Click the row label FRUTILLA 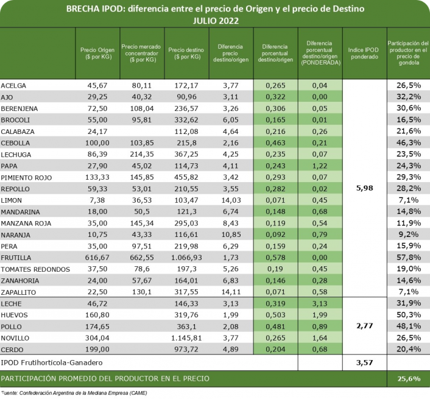(x=16, y=258)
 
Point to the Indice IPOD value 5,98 (x=364, y=188)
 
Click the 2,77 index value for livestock (x=364, y=327)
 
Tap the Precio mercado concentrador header (x=142, y=53)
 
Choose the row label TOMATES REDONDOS (x=31, y=269)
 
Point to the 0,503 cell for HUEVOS (x=276, y=315)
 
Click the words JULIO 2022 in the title (x=215, y=20)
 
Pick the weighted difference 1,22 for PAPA (x=319, y=165)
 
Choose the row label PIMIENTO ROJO (x=27, y=177)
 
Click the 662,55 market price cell (x=141, y=258)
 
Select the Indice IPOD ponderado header (x=364, y=53)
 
